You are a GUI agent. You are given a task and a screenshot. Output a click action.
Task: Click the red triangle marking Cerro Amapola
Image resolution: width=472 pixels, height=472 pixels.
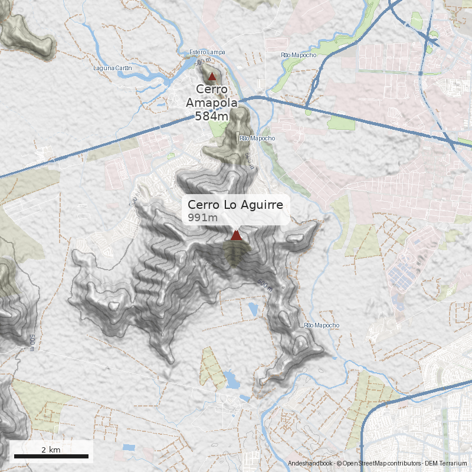click(212, 76)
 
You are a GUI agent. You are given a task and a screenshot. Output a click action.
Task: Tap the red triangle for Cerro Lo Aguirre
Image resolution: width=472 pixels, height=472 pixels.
click(236, 235)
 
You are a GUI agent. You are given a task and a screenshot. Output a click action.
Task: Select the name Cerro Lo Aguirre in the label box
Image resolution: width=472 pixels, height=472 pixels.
click(235, 205)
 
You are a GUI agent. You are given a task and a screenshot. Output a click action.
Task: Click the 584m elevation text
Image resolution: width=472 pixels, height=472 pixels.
click(211, 116)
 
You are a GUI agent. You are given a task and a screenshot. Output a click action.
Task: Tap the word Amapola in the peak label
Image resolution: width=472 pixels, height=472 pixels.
click(212, 103)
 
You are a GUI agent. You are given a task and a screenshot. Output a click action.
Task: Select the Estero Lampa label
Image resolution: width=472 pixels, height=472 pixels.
click(207, 53)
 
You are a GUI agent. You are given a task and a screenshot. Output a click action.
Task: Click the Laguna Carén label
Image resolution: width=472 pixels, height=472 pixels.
click(112, 68)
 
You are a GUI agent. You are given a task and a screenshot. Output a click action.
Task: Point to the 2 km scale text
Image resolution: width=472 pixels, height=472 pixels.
click(51, 450)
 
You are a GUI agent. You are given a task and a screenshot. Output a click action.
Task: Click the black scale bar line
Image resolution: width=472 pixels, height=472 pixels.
click(51, 457)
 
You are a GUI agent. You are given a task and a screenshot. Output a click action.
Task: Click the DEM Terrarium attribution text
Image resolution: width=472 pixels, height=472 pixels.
click(447, 464)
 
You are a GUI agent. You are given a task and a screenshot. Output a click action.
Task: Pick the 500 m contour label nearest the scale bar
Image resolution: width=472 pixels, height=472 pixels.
click(32, 342)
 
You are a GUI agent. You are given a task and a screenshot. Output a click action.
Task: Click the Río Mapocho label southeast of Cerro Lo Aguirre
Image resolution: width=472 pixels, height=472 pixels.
click(322, 326)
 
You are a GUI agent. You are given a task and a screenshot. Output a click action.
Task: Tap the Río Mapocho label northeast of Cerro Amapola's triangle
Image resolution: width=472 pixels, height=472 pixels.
click(299, 55)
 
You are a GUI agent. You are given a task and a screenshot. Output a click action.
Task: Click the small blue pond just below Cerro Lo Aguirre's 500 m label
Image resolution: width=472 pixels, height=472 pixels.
click(254, 309)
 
